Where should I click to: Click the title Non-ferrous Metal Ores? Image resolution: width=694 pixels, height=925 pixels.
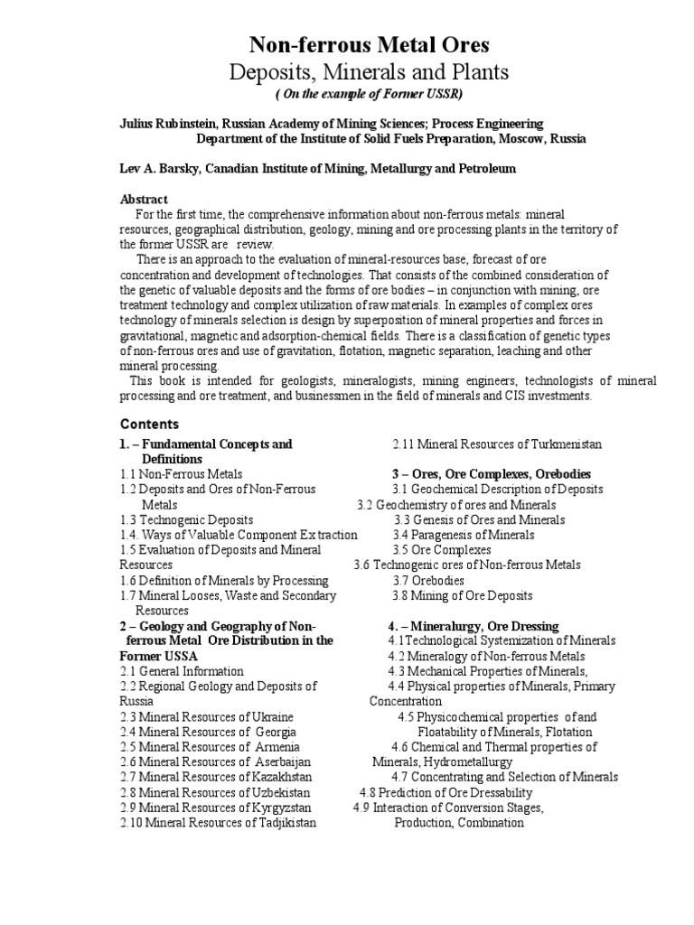click(370, 46)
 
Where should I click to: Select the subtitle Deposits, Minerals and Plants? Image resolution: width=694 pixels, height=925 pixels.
click(370, 72)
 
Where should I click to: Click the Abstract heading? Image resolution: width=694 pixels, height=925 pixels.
click(144, 199)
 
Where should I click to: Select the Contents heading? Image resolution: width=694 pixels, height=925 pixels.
click(149, 424)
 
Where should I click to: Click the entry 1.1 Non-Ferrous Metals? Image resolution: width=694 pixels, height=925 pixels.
click(181, 473)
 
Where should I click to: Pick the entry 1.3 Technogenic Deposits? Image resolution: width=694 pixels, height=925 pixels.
click(186, 519)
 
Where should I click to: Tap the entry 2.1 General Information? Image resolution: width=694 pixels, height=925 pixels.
click(182, 671)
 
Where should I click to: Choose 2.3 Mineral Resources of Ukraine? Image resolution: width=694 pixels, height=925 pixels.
click(206, 716)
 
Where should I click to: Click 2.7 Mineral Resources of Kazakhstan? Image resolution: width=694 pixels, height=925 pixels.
click(216, 777)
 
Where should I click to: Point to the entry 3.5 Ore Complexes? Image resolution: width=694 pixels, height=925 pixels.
click(442, 549)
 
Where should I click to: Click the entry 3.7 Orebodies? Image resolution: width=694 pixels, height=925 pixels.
click(428, 580)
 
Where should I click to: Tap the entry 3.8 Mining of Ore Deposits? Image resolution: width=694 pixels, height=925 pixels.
click(463, 595)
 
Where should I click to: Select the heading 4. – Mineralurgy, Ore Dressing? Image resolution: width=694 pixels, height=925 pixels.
click(474, 625)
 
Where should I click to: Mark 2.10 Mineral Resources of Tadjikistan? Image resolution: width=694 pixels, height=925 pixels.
click(218, 823)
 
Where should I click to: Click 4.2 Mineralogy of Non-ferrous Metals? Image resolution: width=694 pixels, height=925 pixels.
click(486, 656)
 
